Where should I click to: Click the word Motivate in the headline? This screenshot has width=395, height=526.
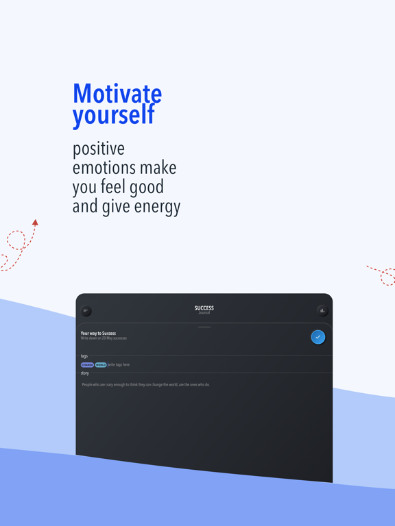point(117,93)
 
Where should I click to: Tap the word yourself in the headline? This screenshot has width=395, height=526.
point(113,115)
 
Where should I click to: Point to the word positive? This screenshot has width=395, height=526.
point(99,149)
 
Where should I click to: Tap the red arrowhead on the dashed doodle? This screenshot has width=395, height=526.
point(35,222)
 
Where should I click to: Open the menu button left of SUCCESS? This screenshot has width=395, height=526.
point(86,311)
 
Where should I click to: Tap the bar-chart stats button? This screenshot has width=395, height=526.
point(322,311)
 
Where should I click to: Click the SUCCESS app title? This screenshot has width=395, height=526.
point(204,308)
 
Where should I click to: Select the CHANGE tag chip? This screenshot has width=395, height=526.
point(87,365)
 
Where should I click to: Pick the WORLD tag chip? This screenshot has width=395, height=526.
point(101,365)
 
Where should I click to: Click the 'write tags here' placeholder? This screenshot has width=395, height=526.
point(119,365)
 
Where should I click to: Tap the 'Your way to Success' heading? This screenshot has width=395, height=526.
point(98,333)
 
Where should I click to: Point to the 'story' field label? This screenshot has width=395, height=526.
point(85,373)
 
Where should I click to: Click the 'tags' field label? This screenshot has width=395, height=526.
point(84,356)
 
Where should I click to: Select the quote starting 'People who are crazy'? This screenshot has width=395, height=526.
point(146,385)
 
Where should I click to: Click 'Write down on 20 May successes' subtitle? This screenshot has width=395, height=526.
point(104,338)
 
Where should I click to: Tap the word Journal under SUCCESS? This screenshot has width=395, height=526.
point(204,313)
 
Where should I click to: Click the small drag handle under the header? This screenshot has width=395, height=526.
point(204,327)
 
